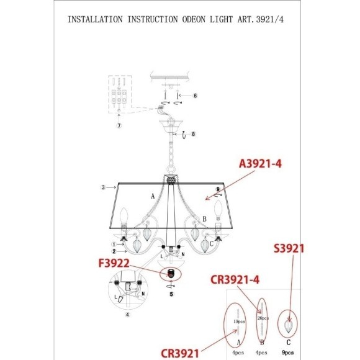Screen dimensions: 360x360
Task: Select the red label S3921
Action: pyautogui.click(x=289, y=249)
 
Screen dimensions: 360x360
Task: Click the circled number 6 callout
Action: pyautogui.click(x=195, y=96)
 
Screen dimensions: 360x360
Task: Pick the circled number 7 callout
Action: pyautogui.click(x=119, y=126)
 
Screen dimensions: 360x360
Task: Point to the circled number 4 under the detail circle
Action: pyautogui.click(x=127, y=315)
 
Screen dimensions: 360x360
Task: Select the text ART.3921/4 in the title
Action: pyautogui.click(x=266, y=19)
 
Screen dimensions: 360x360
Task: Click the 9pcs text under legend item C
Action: pyautogui.click(x=287, y=352)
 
